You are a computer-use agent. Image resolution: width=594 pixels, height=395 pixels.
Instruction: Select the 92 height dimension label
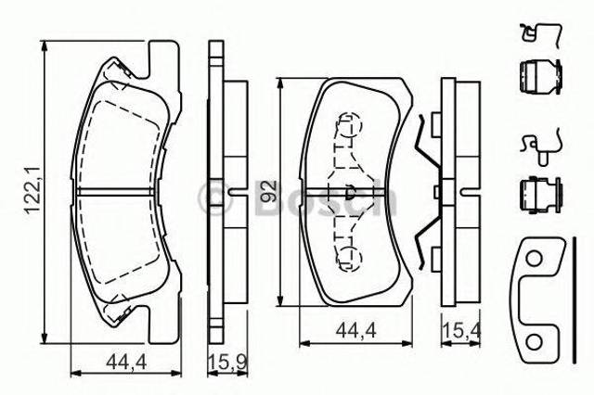[x=268, y=191]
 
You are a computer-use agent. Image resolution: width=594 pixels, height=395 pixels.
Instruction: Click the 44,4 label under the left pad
[x=126, y=363]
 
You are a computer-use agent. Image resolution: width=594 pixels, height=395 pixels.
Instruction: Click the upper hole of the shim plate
[x=535, y=259]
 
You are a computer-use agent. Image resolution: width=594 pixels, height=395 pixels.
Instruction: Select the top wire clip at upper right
[x=541, y=35]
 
